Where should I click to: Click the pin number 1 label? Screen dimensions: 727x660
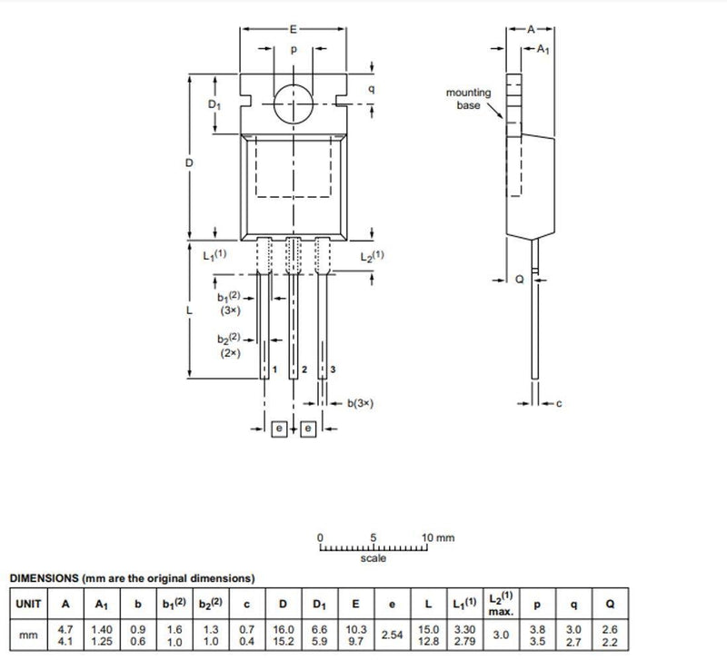(x=275, y=369)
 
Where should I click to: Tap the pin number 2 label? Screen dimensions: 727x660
(x=304, y=369)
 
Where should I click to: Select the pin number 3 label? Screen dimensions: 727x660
(x=333, y=369)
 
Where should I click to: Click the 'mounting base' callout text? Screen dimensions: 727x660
(x=468, y=99)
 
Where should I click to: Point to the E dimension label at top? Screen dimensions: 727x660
(x=293, y=29)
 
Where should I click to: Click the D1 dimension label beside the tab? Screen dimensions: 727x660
(x=214, y=104)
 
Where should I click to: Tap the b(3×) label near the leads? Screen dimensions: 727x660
(x=360, y=403)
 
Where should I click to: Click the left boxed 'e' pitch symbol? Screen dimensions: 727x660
(x=279, y=429)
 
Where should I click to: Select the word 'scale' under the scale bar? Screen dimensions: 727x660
(x=373, y=558)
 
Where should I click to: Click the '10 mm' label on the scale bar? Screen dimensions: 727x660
(x=438, y=537)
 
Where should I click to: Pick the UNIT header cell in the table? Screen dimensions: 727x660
(x=29, y=604)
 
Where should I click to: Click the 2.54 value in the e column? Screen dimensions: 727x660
(x=392, y=635)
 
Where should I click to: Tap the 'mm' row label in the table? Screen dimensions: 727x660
(x=28, y=635)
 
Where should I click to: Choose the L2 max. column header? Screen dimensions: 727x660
(x=502, y=604)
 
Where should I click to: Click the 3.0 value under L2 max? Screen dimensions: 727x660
(x=502, y=635)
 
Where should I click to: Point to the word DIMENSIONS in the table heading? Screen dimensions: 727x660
(x=44, y=578)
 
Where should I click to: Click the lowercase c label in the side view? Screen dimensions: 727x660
(x=559, y=403)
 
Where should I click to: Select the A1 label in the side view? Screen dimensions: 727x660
(x=543, y=49)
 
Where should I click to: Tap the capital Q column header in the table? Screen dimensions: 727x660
(x=610, y=604)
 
